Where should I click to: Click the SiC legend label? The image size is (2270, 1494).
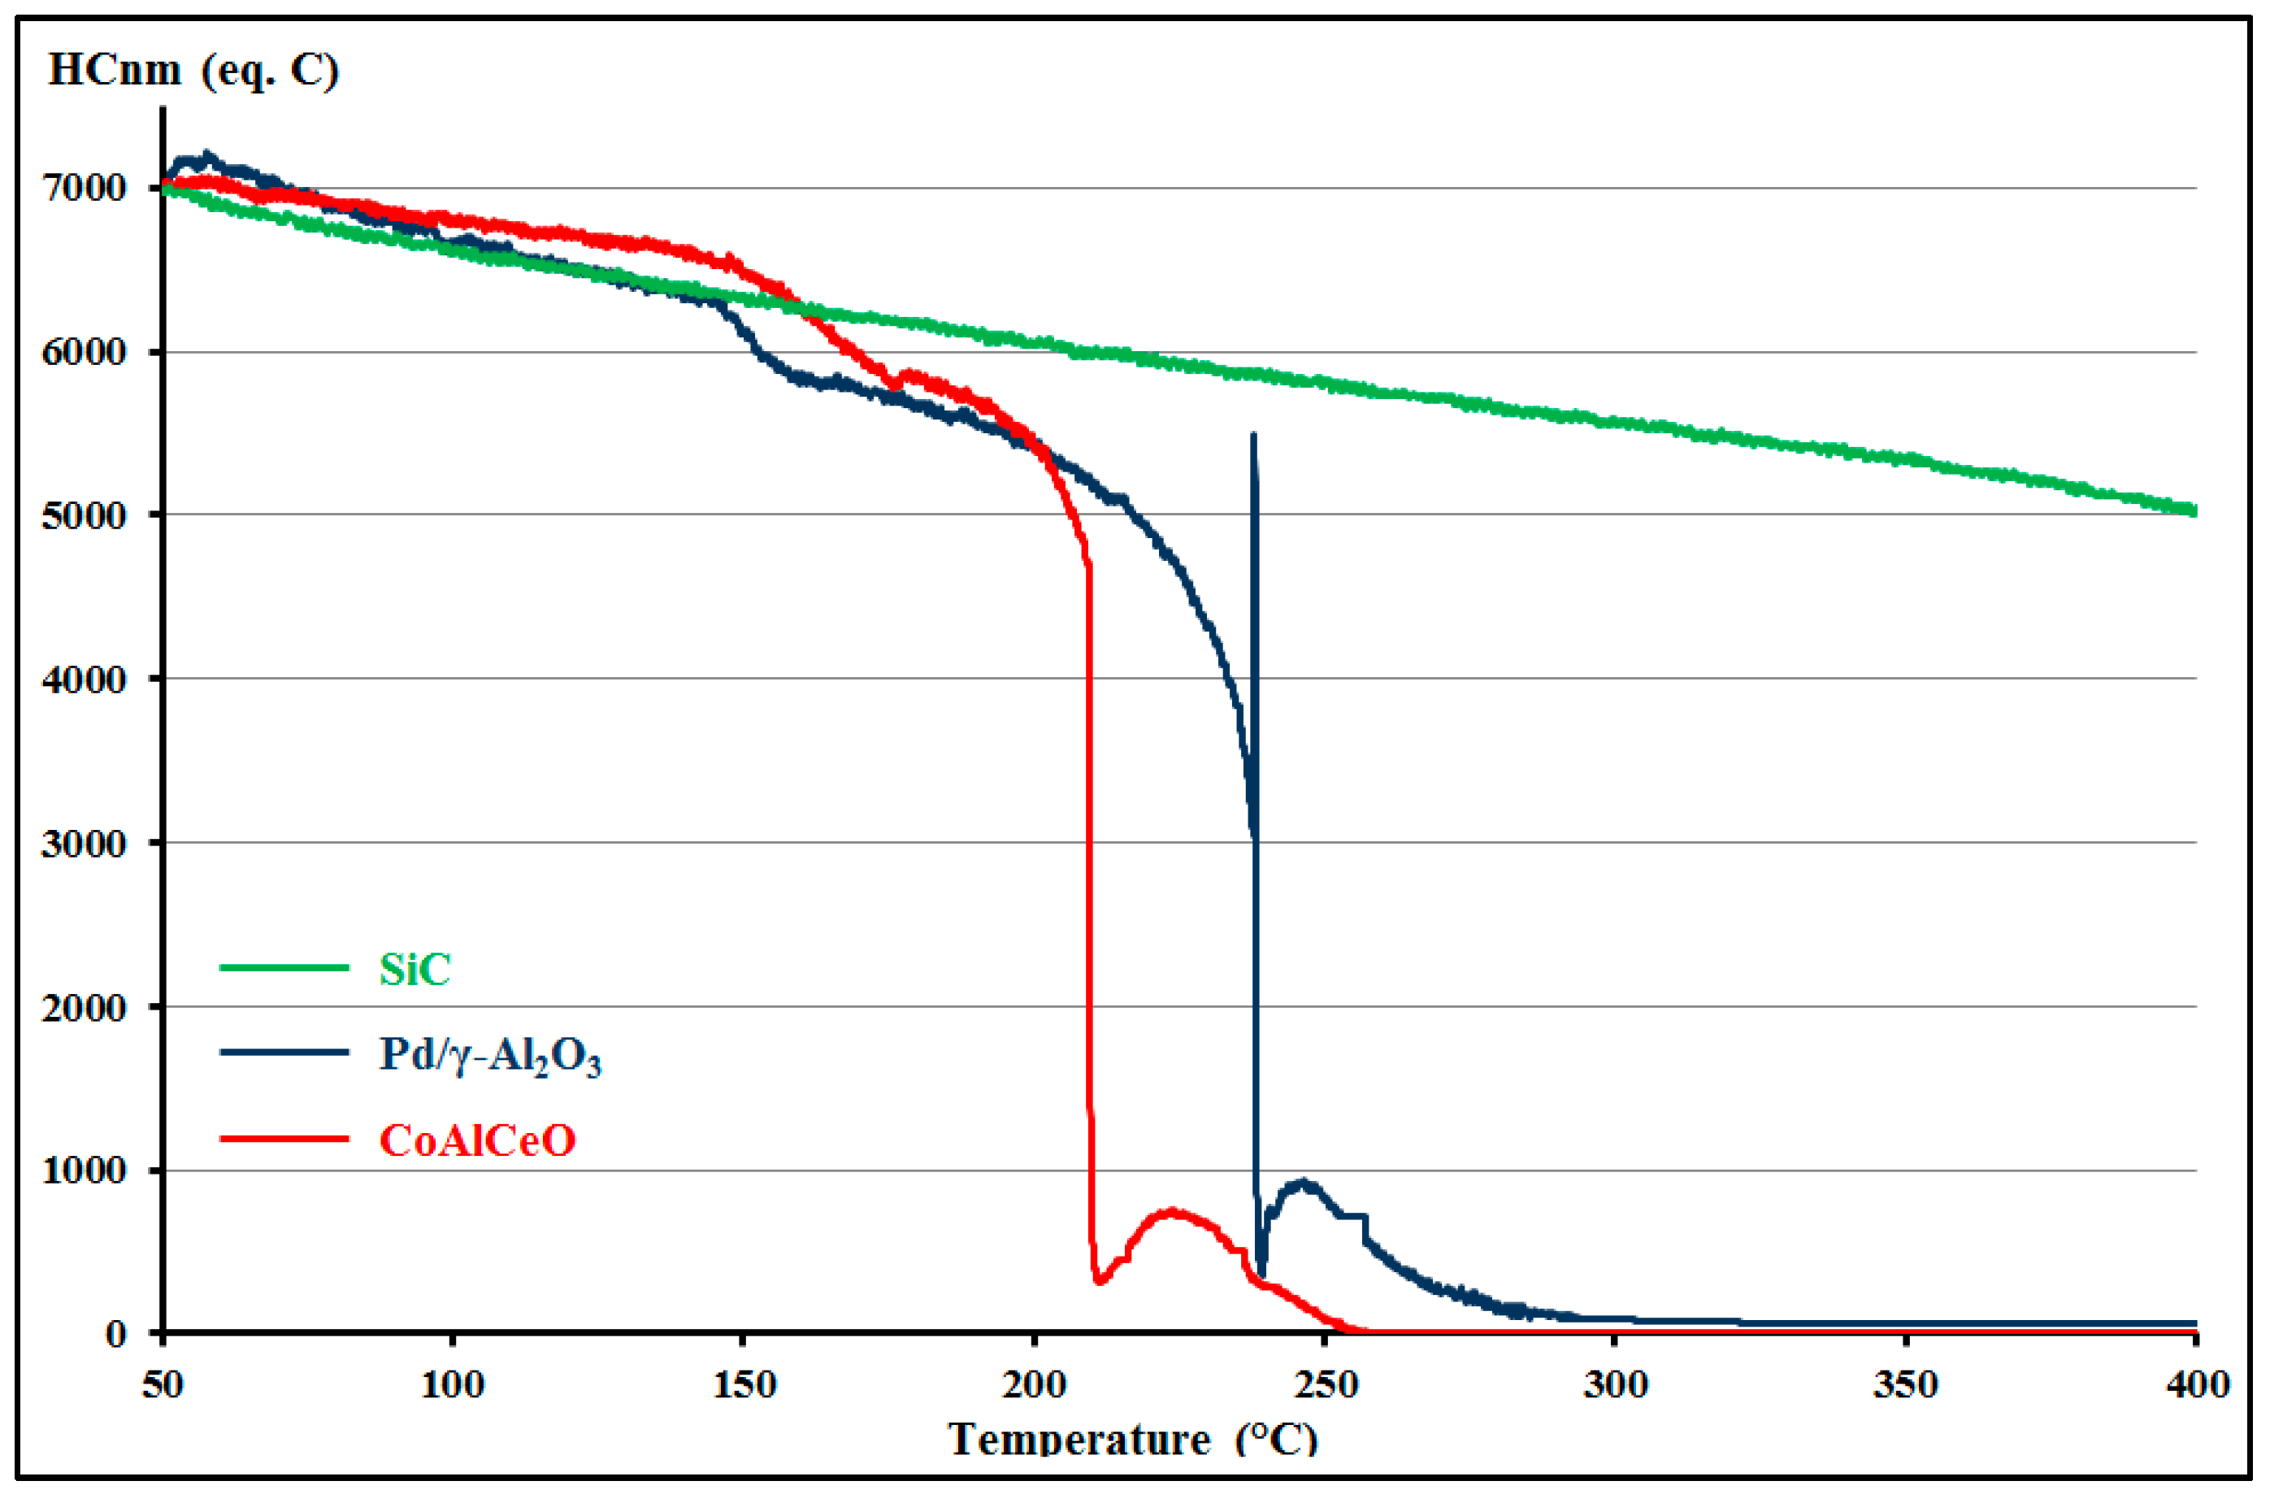click(x=414, y=969)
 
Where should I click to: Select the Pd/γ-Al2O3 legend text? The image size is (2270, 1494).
click(x=490, y=1054)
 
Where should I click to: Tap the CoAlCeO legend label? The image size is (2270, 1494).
click(x=477, y=1140)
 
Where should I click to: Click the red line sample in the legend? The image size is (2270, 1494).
click(x=284, y=1138)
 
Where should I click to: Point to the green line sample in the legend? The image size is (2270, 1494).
click(x=284, y=967)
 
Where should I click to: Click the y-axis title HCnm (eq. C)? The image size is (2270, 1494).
click(x=193, y=70)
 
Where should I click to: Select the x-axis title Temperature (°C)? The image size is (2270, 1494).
click(x=1132, y=1439)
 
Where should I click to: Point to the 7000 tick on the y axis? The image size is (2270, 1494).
click(x=84, y=188)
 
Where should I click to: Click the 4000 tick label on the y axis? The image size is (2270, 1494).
click(x=84, y=680)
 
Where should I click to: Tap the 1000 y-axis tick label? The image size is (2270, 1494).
click(x=84, y=1170)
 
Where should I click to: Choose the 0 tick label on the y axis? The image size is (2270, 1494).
click(x=115, y=1334)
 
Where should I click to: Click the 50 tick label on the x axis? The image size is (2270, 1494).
click(x=163, y=1384)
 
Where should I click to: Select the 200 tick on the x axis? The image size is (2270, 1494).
click(x=1034, y=1384)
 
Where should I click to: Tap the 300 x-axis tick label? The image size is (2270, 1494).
click(x=1616, y=1384)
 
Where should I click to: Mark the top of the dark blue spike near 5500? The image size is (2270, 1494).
click(x=1253, y=436)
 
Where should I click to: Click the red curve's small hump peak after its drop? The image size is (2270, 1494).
click(x=1172, y=1212)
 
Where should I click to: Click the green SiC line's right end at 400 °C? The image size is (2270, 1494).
click(x=2194, y=510)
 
